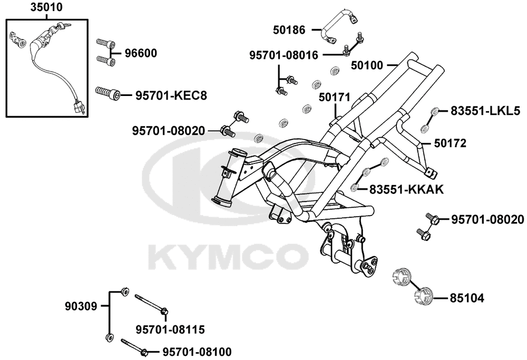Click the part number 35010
pyautogui.click(x=47, y=7)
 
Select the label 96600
pyautogui.click(x=141, y=53)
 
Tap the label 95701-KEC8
pyautogui.click(x=171, y=96)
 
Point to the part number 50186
pyautogui.click(x=289, y=30)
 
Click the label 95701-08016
pyautogui.click(x=284, y=55)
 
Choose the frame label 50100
pyautogui.click(x=367, y=65)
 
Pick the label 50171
pyautogui.click(x=335, y=97)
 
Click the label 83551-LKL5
pyautogui.click(x=485, y=111)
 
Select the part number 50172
pyautogui.click(x=451, y=143)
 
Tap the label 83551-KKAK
pyautogui.click(x=407, y=190)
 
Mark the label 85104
pyautogui.click(x=467, y=298)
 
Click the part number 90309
pyautogui.click(x=81, y=306)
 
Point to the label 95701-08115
pyautogui.click(x=170, y=330)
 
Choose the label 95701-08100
pyautogui.click(x=197, y=352)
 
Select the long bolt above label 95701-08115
pyautogui.click(x=152, y=305)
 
